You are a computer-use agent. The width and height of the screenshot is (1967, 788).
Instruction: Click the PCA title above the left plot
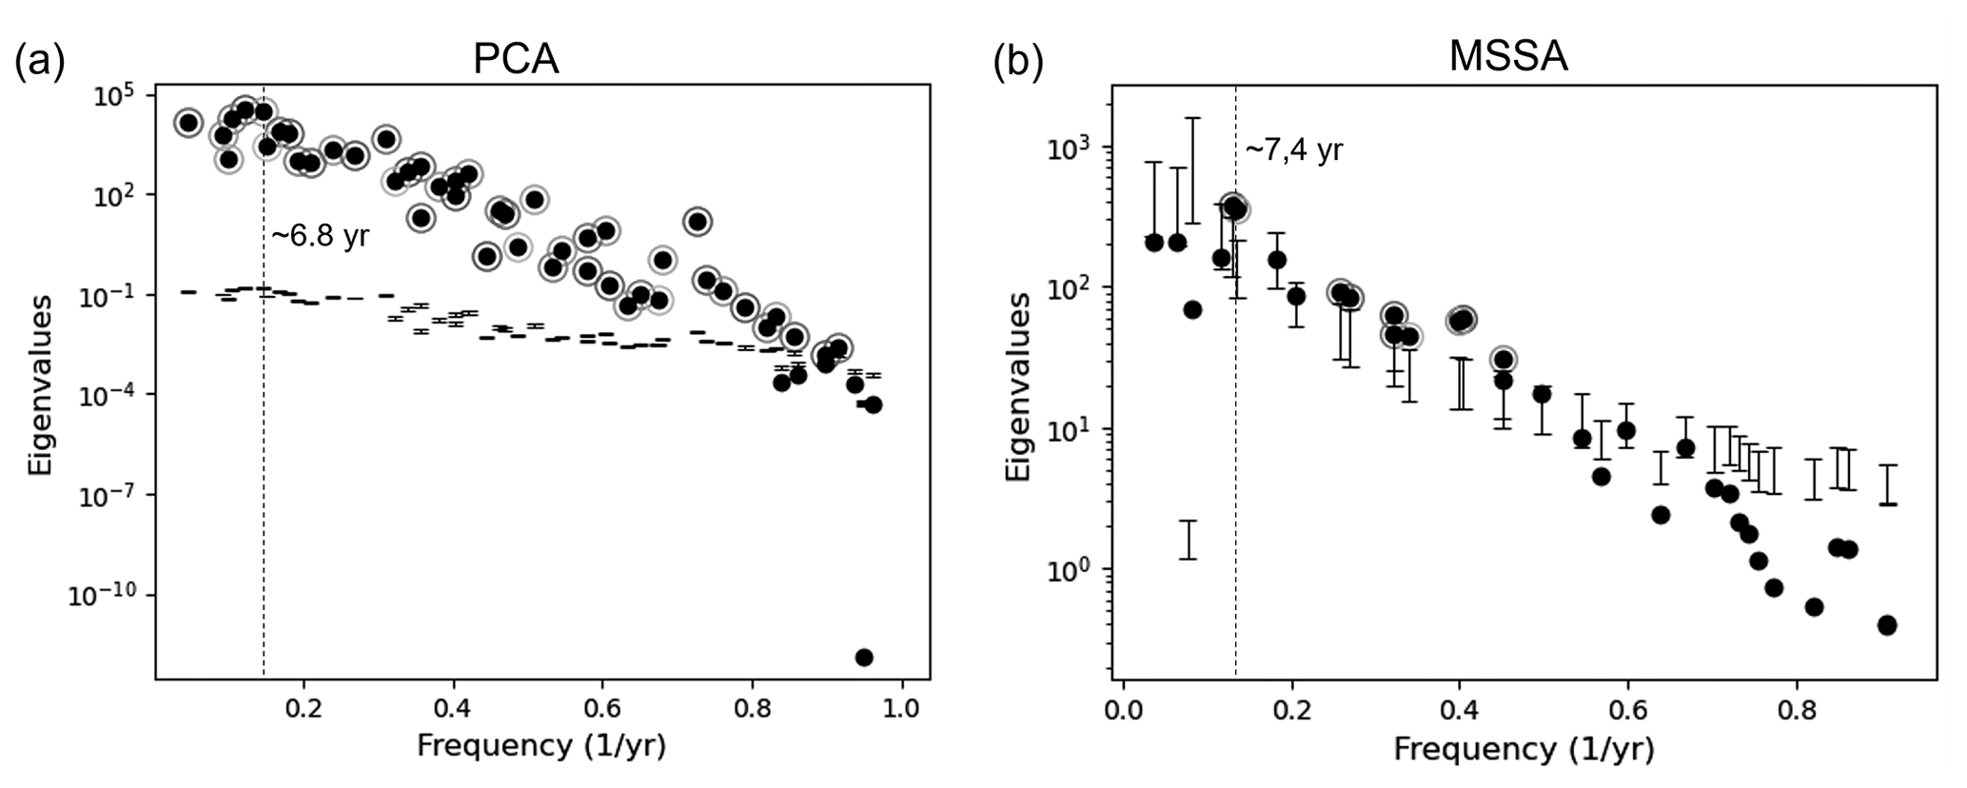click(515, 59)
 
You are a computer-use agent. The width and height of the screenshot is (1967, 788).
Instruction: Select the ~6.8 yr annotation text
click(320, 237)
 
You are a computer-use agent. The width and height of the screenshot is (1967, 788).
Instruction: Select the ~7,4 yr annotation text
click(1294, 150)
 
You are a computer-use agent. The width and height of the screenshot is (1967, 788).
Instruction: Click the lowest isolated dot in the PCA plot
click(864, 658)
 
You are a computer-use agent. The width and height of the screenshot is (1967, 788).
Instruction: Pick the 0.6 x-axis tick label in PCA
click(602, 709)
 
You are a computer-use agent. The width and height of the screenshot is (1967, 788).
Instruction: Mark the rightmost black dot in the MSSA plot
click(1887, 625)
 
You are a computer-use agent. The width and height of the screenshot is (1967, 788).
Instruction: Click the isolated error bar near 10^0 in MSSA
click(1188, 540)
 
